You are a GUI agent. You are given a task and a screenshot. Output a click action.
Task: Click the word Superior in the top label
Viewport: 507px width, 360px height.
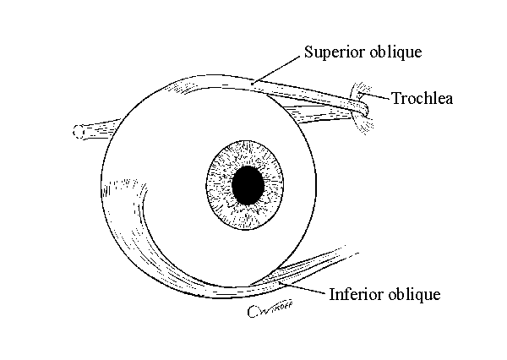tap(332, 53)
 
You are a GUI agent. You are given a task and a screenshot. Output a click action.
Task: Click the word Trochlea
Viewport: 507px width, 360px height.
tap(422, 99)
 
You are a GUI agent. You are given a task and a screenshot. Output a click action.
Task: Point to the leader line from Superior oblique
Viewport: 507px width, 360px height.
tap(279, 67)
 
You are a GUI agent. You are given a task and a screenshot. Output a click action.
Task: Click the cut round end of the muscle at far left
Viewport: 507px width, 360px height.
tap(79, 132)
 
